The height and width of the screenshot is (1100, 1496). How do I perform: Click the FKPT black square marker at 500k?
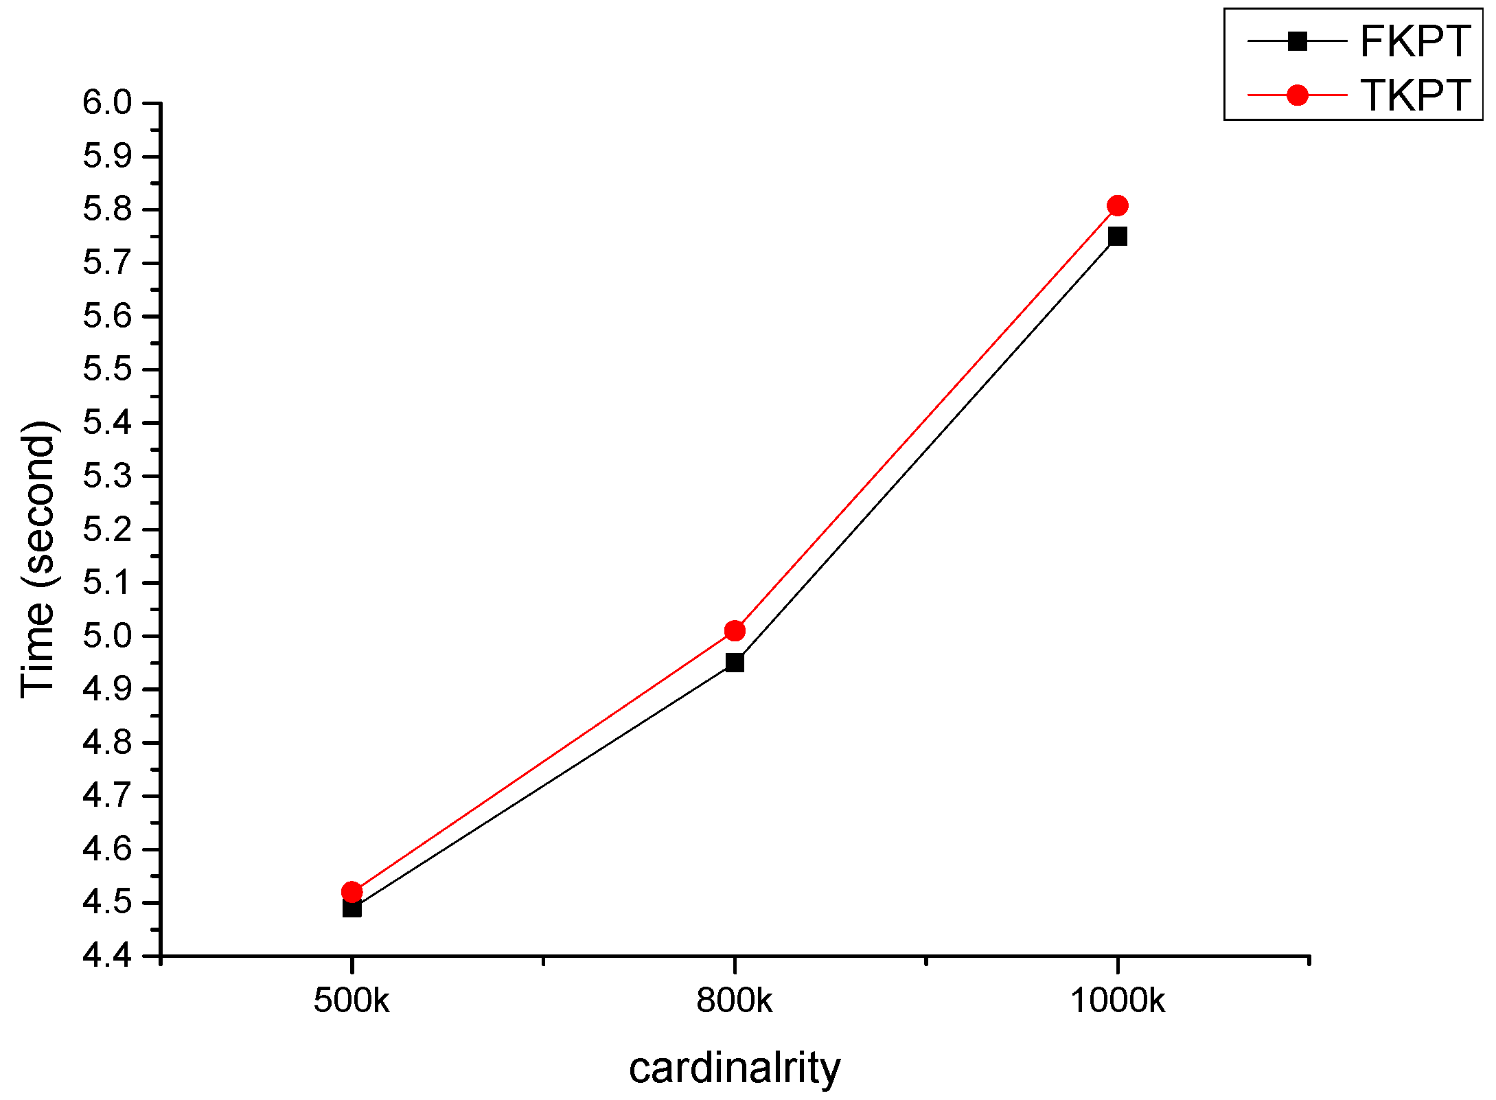point(352,908)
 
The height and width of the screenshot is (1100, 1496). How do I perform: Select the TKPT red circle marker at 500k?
point(352,892)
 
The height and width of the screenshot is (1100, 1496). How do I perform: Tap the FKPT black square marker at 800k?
point(735,663)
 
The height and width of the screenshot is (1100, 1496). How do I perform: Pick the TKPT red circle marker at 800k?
point(735,630)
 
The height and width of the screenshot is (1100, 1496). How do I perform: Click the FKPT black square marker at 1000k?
point(1118,237)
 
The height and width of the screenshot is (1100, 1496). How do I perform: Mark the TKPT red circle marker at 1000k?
point(1118,205)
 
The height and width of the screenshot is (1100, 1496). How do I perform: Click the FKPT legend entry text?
point(1415,42)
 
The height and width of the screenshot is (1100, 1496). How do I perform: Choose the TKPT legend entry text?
point(1415,95)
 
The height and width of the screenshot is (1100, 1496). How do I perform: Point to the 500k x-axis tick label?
point(352,1000)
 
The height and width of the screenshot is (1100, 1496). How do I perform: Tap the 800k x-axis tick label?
point(735,1000)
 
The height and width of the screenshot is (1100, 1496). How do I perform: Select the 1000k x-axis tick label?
point(1118,1000)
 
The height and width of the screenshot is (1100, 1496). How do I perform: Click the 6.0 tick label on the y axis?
point(107,103)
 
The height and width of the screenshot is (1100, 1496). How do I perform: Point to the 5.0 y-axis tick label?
point(107,637)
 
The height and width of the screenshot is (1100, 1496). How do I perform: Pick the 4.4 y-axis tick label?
point(107,955)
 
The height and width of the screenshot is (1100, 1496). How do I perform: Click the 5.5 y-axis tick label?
point(107,369)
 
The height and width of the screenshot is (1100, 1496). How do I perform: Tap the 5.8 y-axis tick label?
point(107,209)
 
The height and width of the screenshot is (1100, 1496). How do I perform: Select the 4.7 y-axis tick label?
point(107,796)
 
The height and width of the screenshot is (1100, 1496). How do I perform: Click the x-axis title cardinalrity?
point(735,1069)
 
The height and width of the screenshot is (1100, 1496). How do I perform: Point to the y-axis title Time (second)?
point(38,560)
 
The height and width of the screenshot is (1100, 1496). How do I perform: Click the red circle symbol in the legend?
point(1297,95)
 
